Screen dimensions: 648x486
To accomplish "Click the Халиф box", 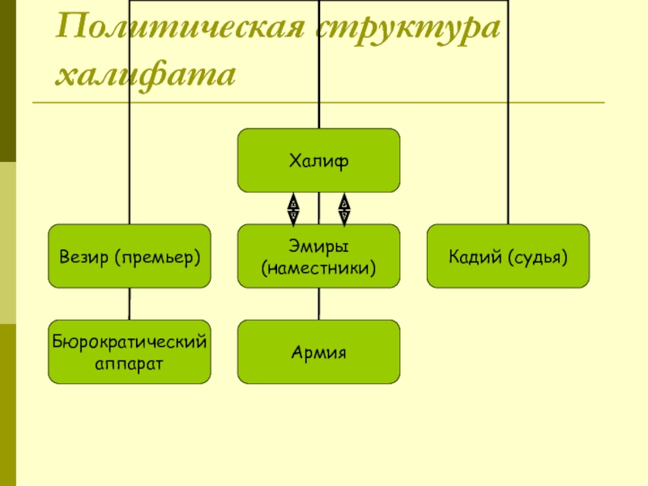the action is (318, 160).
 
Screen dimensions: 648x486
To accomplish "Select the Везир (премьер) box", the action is (130, 256).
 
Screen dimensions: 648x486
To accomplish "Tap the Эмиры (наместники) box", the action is (318, 256).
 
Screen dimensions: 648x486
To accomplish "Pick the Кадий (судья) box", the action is (508, 256).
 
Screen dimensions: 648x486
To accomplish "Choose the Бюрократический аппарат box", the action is (130, 352).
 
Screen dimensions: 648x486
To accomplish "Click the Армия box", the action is (318, 352).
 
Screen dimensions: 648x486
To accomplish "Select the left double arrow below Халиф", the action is (292, 208).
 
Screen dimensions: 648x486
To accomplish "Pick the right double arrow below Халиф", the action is (343, 208).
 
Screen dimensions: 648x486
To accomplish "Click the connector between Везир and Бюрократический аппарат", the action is (130, 304).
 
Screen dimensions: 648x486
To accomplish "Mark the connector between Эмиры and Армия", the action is (318, 304).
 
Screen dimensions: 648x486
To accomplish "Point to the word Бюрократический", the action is (130, 343).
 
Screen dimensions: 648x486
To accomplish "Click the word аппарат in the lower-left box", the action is (130, 362).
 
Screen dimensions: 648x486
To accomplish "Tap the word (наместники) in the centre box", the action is (318, 266).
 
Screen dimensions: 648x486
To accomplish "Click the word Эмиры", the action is (318, 245).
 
